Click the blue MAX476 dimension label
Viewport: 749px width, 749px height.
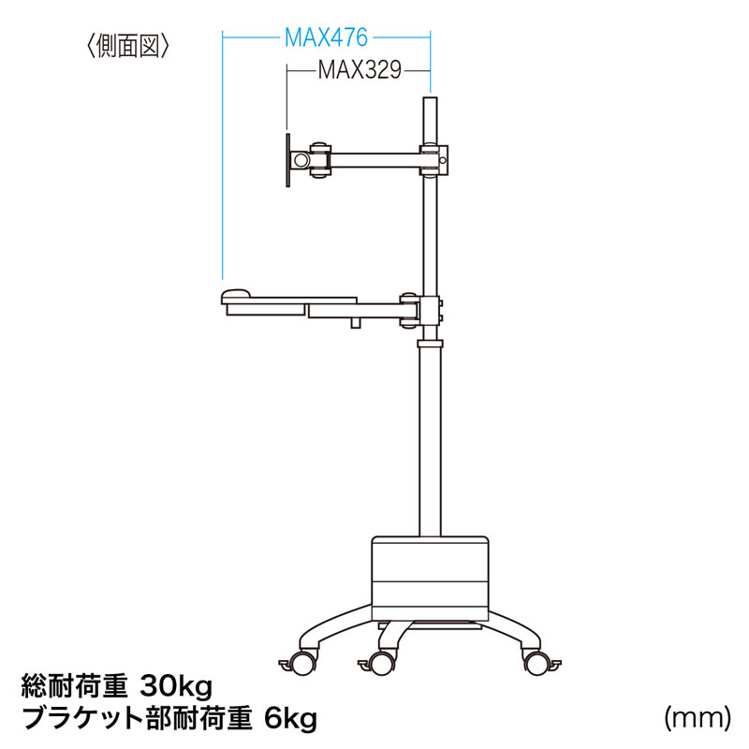[326, 37]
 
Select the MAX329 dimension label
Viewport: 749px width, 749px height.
[360, 69]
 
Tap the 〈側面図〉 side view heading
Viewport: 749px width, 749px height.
[127, 47]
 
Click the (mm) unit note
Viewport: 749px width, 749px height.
[697, 717]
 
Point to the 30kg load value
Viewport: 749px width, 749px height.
[175, 687]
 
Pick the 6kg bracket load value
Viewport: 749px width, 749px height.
[290, 719]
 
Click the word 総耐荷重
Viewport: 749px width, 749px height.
[74, 687]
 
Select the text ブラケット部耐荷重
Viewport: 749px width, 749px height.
[137, 719]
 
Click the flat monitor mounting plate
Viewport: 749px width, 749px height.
[288, 160]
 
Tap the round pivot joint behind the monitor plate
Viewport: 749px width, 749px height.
[301, 159]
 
